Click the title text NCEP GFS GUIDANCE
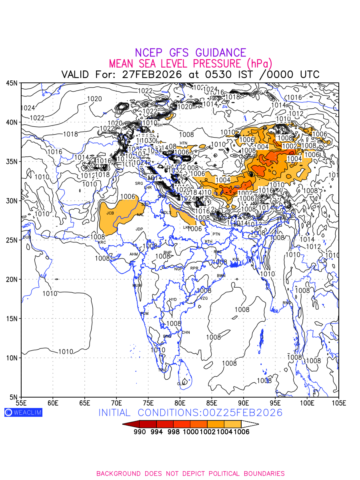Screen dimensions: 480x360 [x=190, y=53]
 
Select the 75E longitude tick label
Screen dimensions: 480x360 [x=148, y=402]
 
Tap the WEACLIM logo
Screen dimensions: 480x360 [x=23, y=412]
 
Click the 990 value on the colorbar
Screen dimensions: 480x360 [x=140, y=432]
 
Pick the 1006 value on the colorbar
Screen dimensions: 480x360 [x=242, y=432]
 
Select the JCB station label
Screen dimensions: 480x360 [x=110, y=213]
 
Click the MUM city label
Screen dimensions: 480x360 [x=137, y=285]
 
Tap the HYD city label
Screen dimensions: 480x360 [x=173, y=300]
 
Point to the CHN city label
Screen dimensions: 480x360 [x=186, y=332]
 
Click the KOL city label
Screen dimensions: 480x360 [x=236, y=260]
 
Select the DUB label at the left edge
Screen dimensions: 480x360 [x=26, y=237]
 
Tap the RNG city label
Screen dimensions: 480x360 [x=287, y=303]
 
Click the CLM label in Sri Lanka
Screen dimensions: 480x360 [x=181, y=384]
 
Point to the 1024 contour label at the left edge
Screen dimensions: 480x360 [x=28, y=108]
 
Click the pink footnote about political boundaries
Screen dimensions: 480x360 [x=190, y=474]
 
